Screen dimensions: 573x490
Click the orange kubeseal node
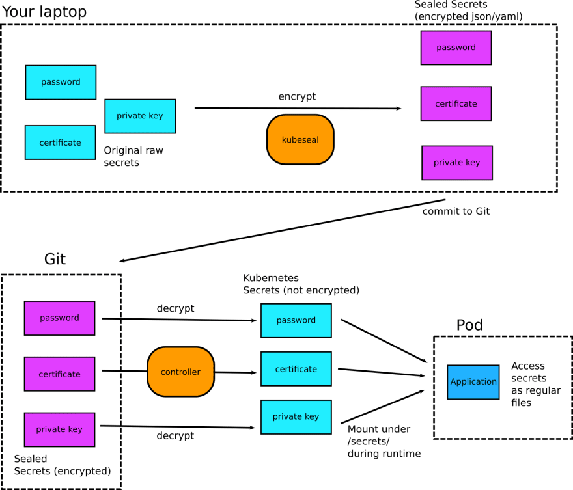tap(300, 139)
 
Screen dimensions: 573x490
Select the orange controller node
tap(180, 372)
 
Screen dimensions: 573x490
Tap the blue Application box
tap(473, 382)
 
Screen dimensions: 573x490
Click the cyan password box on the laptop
tap(61, 82)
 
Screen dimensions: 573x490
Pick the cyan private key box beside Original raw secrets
tap(140, 116)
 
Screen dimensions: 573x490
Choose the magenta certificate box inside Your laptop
tap(456, 103)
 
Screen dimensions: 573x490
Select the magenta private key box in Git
tap(59, 429)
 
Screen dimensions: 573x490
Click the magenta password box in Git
tap(59, 318)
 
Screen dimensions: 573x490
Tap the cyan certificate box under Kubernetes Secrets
tap(296, 369)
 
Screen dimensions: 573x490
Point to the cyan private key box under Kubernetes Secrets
tap(296, 417)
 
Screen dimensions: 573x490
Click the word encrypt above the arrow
tap(297, 96)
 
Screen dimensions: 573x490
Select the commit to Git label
tap(456, 211)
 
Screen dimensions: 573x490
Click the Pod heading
tap(469, 325)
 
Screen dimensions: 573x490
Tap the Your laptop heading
tap(44, 12)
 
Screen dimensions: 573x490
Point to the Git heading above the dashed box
tap(55, 259)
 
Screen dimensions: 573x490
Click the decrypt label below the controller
tap(175, 435)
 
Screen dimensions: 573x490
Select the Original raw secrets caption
tap(133, 156)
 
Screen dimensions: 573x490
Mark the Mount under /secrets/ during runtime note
tap(384, 441)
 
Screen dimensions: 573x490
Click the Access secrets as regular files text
tap(536, 384)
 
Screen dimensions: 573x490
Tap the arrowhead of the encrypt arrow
tap(399, 109)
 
